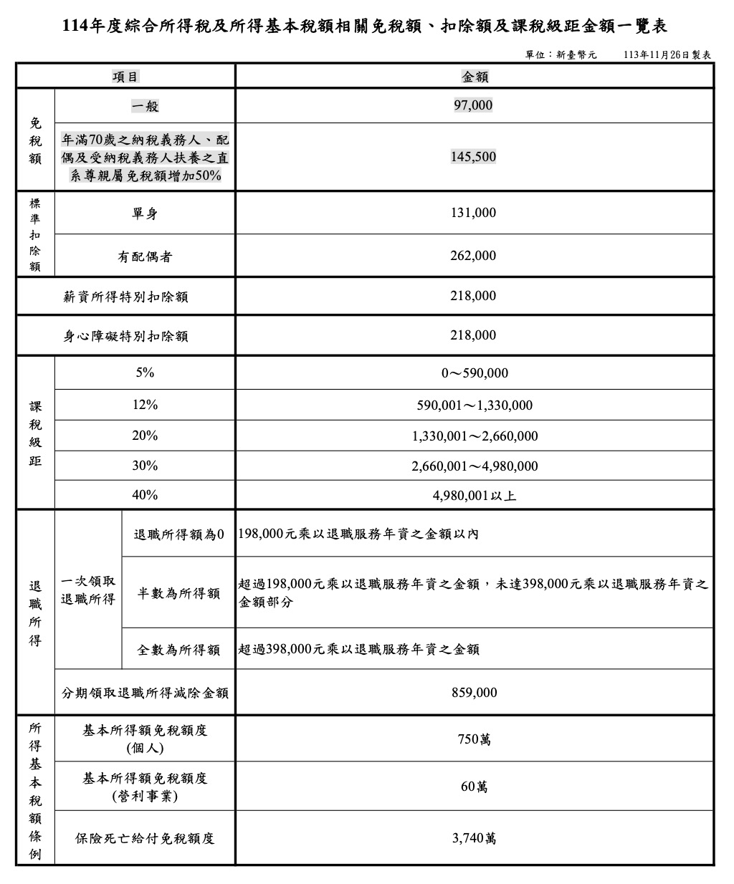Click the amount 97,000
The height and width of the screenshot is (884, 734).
(x=473, y=105)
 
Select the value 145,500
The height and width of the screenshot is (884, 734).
(x=473, y=157)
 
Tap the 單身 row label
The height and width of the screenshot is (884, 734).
(x=145, y=213)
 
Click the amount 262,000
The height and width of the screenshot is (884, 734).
(x=473, y=256)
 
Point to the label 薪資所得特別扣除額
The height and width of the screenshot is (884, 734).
(x=126, y=297)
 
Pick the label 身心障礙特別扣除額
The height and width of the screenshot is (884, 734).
(x=126, y=336)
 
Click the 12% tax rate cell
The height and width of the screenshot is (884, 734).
(x=145, y=405)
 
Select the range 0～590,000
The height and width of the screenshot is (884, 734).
(x=475, y=373)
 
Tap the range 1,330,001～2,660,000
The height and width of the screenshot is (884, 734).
(x=475, y=436)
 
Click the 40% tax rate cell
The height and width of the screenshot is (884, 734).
(x=145, y=495)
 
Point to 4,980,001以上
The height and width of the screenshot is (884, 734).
(x=475, y=495)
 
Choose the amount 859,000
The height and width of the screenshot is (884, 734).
(x=475, y=693)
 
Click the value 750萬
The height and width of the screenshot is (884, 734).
(x=475, y=739)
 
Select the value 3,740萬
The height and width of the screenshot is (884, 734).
(x=475, y=838)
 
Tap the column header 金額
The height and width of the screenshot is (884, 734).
(x=475, y=77)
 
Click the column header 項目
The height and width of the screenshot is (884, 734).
(x=126, y=77)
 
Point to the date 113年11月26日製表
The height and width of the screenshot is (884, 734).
(x=667, y=54)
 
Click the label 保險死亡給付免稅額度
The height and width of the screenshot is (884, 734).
(x=145, y=838)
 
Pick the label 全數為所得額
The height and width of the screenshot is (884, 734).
(x=178, y=650)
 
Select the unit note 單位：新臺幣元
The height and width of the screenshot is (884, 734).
(x=561, y=54)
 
